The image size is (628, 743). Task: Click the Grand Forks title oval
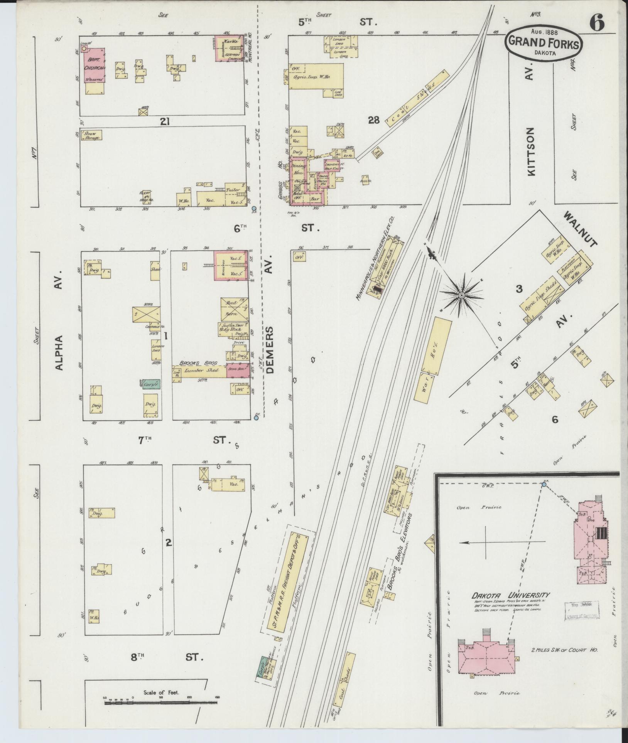point(544,43)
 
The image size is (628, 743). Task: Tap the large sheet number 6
point(596,24)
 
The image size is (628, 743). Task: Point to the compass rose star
point(461,295)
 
